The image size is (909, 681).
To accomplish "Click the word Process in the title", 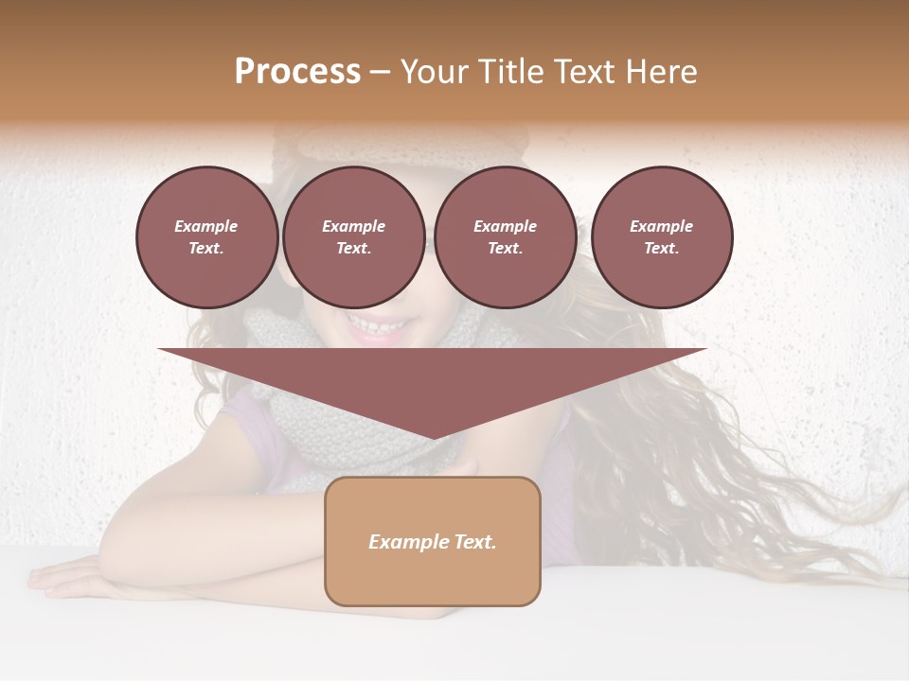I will (x=297, y=72).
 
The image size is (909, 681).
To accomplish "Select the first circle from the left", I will (x=206, y=237).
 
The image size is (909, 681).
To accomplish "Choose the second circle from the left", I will (x=353, y=237).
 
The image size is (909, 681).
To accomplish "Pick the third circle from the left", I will (x=505, y=237).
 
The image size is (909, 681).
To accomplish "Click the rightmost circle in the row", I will (x=661, y=237).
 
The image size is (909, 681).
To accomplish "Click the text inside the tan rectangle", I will (x=433, y=542).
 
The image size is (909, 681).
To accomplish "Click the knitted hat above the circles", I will (x=398, y=142).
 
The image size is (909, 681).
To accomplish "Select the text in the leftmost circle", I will (x=206, y=237).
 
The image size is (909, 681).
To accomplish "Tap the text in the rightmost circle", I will (x=661, y=237).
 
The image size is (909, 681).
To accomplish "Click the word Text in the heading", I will (x=583, y=72).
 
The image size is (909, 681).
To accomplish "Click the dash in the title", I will (x=380, y=72).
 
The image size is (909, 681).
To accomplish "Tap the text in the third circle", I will (x=505, y=237).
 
